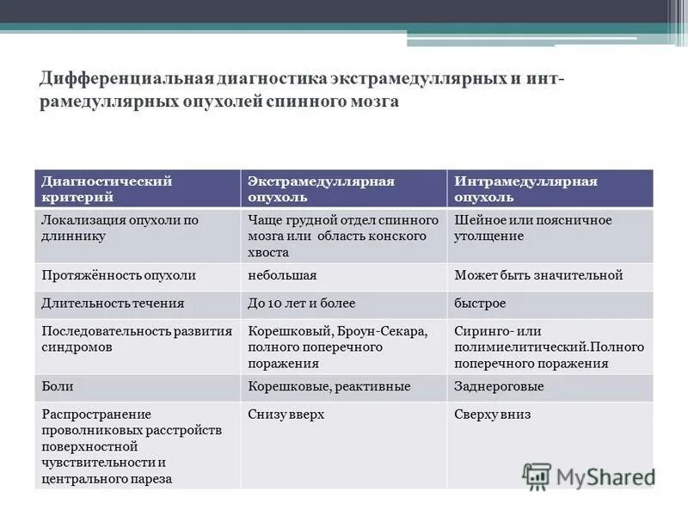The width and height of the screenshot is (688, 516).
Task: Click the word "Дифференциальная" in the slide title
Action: (x=120, y=79)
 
